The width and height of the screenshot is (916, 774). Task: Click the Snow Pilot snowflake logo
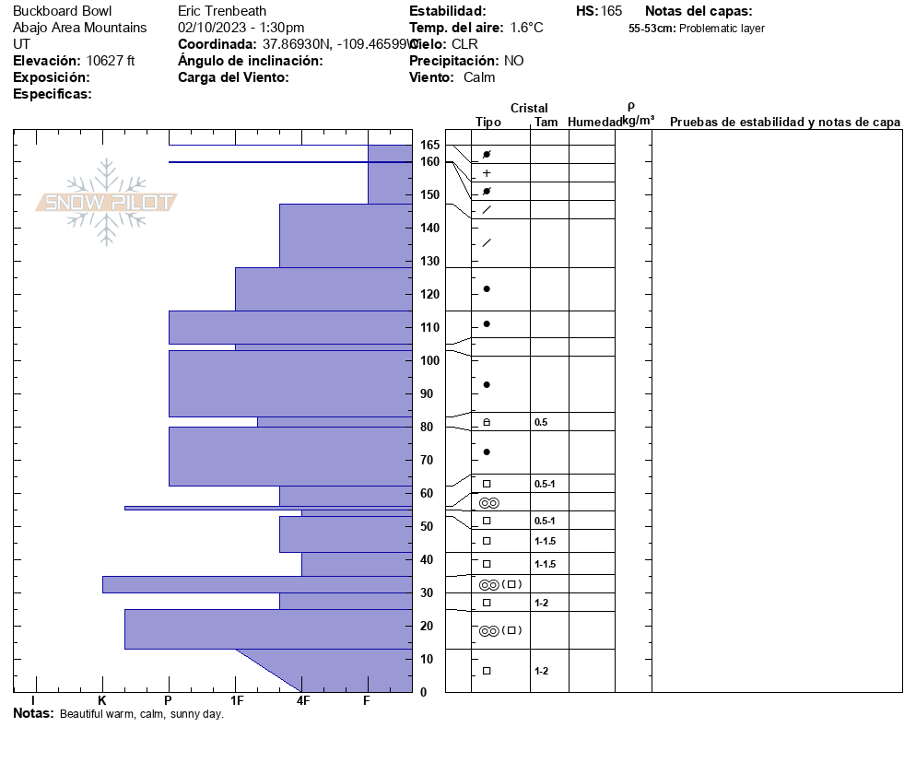pyautogui.click(x=107, y=203)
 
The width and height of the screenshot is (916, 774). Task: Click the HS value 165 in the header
pyautogui.click(x=611, y=11)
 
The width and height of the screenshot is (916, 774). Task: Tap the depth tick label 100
pyautogui.click(x=429, y=360)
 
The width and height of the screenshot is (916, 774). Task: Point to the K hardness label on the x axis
pyautogui.click(x=102, y=701)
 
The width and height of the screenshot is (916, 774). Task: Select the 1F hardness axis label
pyautogui.click(x=236, y=701)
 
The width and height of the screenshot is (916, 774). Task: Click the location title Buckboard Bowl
pyautogui.click(x=62, y=11)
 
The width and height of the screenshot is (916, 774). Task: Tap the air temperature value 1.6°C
pyautogui.click(x=526, y=28)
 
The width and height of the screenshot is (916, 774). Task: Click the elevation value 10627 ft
pyautogui.click(x=111, y=61)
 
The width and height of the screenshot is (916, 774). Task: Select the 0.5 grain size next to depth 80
pyautogui.click(x=541, y=422)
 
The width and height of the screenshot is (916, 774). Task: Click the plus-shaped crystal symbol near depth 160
pyautogui.click(x=487, y=173)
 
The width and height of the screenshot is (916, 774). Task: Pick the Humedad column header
pyautogui.click(x=595, y=122)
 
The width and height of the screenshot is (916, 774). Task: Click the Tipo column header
pyautogui.click(x=488, y=122)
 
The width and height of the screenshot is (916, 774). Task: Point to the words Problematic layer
pyautogui.click(x=722, y=29)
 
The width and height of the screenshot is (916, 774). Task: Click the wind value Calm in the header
pyautogui.click(x=479, y=77)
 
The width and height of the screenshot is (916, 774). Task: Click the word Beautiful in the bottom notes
pyautogui.click(x=83, y=714)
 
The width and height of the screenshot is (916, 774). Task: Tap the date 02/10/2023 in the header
pyautogui.click(x=209, y=28)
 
